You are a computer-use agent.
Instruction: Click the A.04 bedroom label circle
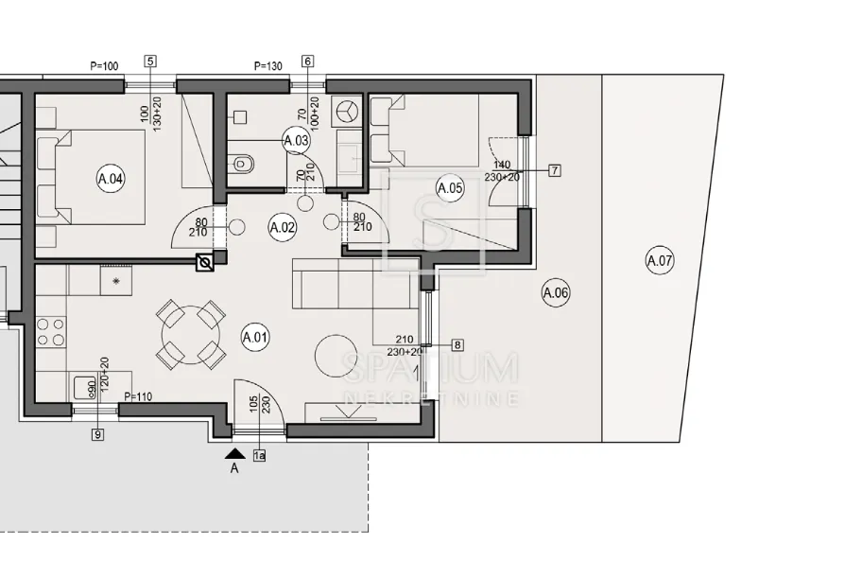(x=110, y=179)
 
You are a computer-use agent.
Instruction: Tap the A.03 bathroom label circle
(x=297, y=140)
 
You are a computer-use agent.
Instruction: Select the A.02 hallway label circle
(x=283, y=227)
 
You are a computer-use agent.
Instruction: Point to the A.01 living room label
(x=255, y=337)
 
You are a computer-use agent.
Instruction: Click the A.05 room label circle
(x=450, y=188)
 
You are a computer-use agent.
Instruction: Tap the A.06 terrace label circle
(x=556, y=292)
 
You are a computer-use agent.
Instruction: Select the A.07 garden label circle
(x=659, y=260)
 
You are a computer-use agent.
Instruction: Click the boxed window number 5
(x=150, y=61)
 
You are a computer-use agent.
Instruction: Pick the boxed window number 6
(x=308, y=61)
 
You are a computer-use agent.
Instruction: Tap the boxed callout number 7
(x=555, y=170)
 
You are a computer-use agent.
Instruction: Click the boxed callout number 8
(x=457, y=345)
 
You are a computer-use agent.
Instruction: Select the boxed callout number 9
(x=98, y=435)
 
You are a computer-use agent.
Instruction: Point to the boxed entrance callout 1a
(x=260, y=456)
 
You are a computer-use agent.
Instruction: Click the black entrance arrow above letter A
(x=235, y=453)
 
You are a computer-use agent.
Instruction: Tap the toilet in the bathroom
(x=242, y=164)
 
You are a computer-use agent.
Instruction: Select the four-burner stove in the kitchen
(x=51, y=332)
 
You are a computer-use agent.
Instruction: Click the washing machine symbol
(x=347, y=112)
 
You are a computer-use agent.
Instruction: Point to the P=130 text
(x=268, y=66)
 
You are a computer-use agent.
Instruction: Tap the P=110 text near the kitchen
(x=139, y=396)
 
